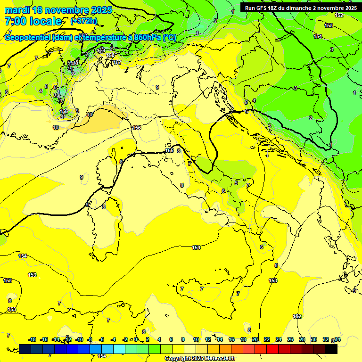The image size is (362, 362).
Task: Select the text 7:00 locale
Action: tap(33, 21)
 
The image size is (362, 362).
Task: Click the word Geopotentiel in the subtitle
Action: tap(28, 37)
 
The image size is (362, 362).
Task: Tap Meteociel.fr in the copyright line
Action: tap(215, 359)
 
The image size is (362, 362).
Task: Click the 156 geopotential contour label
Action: tap(137, 128)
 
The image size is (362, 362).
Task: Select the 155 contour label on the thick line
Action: tap(170, 150)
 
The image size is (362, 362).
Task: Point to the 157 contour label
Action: tap(117, 62)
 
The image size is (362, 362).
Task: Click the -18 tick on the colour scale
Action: tap(32, 339)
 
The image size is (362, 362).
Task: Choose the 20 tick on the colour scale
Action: tap(255, 339)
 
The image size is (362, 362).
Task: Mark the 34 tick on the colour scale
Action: tap(337, 339)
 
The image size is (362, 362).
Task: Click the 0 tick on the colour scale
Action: tap(137, 339)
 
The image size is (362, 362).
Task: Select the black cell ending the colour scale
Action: tap(331, 349)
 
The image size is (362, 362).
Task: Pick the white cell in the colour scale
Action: tap(190, 349)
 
